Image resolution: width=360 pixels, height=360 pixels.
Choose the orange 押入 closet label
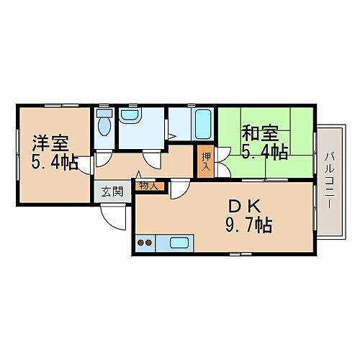206,163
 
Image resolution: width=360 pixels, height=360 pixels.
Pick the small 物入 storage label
148,186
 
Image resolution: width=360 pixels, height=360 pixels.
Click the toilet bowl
104,127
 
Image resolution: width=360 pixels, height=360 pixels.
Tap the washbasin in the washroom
132,115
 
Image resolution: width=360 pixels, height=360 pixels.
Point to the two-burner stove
144,243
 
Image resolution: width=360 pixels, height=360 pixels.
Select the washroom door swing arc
151,160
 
